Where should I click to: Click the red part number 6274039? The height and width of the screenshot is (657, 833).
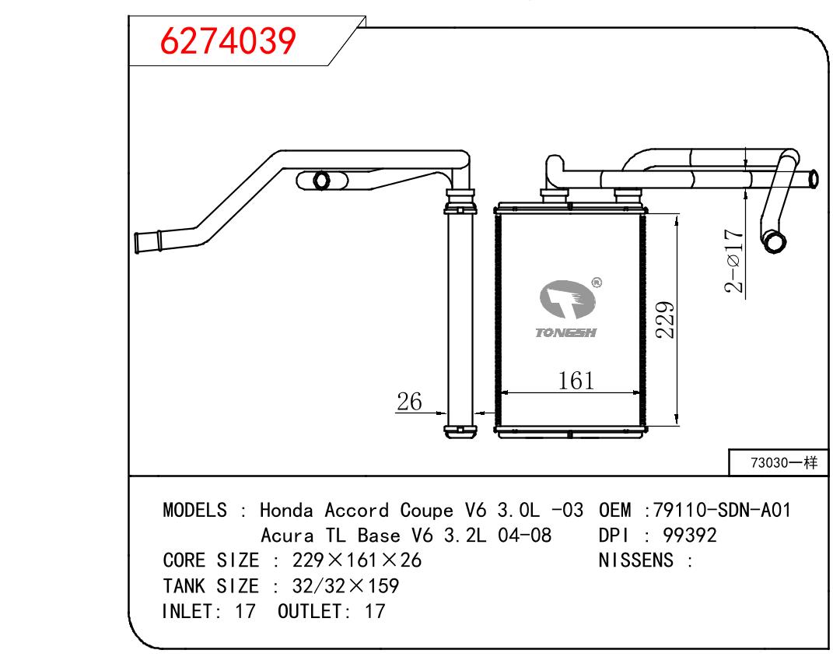click(x=228, y=41)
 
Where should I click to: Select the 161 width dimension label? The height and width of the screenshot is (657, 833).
click(x=576, y=381)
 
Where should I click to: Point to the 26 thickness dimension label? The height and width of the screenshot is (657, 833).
click(x=409, y=402)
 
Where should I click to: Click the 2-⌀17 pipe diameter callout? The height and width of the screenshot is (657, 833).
click(x=733, y=261)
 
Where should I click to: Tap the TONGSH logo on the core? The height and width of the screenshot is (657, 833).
click(x=566, y=309)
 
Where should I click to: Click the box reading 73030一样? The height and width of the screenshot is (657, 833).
click(x=779, y=462)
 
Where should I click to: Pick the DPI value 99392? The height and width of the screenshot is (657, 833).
click(x=690, y=536)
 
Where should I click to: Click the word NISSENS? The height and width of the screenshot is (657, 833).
click(x=636, y=560)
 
